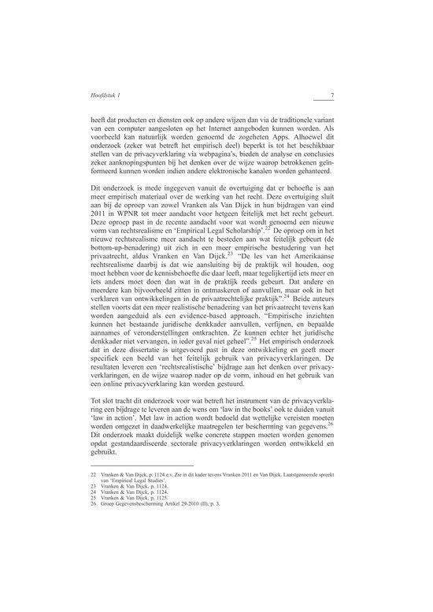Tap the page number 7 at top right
click(x=333, y=97)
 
